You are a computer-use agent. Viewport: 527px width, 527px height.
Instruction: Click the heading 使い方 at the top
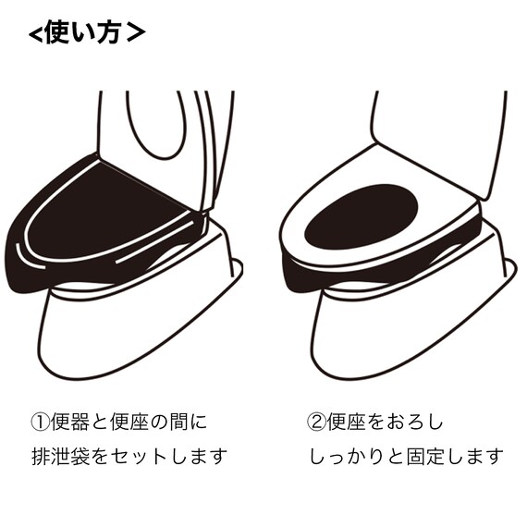[x=85, y=34]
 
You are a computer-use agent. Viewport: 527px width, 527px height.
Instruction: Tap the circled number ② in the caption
[x=314, y=423]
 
